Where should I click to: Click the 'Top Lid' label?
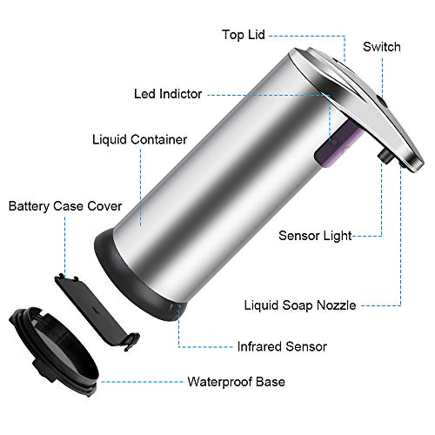click(244, 35)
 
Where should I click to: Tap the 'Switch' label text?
click(382, 47)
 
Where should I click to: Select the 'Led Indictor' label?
click(168, 94)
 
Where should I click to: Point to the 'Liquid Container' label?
click(139, 139)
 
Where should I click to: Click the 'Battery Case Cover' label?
click(65, 206)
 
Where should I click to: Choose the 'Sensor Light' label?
click(315, 236)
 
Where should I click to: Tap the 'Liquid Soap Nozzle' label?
click(300, 305)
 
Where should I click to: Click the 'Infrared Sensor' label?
click(282, 346)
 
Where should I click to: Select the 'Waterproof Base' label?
click(236, 382)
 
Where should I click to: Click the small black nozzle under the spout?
click(385, 156)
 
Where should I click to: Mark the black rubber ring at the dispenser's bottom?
click(137, 280)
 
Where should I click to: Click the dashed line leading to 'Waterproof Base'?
click(142, 382)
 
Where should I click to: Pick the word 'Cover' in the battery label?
click(104, 206)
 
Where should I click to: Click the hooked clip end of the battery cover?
click(132, 342)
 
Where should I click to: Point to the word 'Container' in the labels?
click(158, 139)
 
